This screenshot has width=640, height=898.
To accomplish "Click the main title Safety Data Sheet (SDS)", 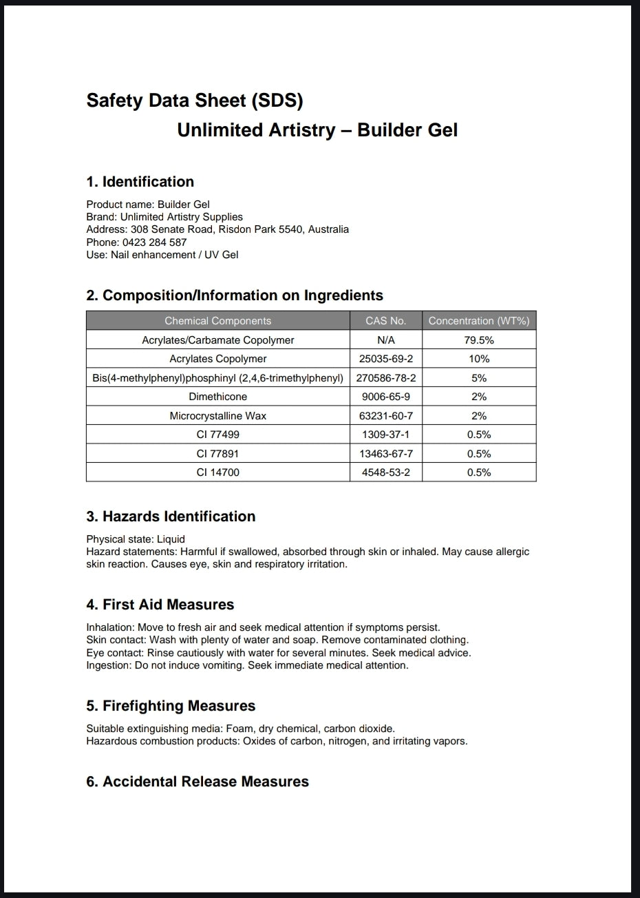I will [x=195, y=101].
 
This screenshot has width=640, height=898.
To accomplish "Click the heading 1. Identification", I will [x=140, y=182].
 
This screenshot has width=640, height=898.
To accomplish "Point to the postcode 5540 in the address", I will [x=290, y=229].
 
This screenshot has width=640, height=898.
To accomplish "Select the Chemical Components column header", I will [x=217, y=321].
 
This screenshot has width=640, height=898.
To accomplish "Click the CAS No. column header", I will [x=385, y=321].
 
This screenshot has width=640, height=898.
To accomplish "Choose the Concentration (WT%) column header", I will [x=478, y=321].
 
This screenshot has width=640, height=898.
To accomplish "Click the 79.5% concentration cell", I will [x=478, y=340].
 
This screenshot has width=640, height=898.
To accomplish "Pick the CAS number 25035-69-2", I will [x=385, y=359].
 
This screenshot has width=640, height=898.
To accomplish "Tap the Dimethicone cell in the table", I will [x=217, y=397].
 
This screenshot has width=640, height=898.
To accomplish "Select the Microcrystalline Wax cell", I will [x=217, y=416].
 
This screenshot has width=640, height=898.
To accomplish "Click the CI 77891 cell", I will [x=217, y=454].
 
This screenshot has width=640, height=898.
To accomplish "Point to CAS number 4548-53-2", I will [x=385, y=472].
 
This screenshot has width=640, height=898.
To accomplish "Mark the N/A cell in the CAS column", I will [x=385, y=340].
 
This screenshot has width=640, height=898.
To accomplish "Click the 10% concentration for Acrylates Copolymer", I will [x=478, y=359].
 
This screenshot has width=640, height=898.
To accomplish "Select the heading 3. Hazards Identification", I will [x=171, y=516].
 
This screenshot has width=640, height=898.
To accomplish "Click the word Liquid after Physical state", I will [x=171, y=539].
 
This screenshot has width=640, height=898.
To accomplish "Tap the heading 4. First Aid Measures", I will [x=160, y=605].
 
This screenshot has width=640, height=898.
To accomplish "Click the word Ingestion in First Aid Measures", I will [x=108, y=665].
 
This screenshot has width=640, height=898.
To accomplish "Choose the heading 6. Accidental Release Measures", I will [x=198, y=782].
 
